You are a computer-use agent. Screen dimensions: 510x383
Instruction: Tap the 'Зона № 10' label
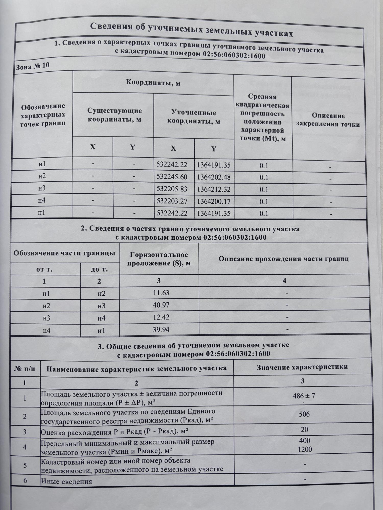pyautogui.click(x=32, y=66)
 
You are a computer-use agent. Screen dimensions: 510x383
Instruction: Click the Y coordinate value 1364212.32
pyautogui.click(x=214, y=189)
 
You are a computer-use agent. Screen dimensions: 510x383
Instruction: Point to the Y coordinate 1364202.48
pyautogui.click(x=214, y=177)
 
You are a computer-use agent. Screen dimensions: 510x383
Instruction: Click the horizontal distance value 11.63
pyautogui.click(x=161, y=293)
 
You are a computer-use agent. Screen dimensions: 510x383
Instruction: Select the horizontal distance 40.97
pyautogui.click(x=161, y=305)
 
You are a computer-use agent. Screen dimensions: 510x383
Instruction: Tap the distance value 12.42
pyautogui.click(x=161, y=317)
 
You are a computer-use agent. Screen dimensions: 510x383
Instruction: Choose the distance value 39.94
pyautogui.click(x=161, y=329)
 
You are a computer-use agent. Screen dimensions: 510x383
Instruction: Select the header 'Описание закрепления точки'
pyautogui.click(x=328, y=120)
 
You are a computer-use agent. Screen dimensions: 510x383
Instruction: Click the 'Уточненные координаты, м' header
pyautogui.click(x=194, y=117)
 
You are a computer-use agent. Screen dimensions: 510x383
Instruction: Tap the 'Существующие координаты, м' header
pyautogui.click(x=114, y=115)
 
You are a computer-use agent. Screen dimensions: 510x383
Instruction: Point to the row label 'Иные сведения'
pyautogui.click(x=67, y=481)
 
